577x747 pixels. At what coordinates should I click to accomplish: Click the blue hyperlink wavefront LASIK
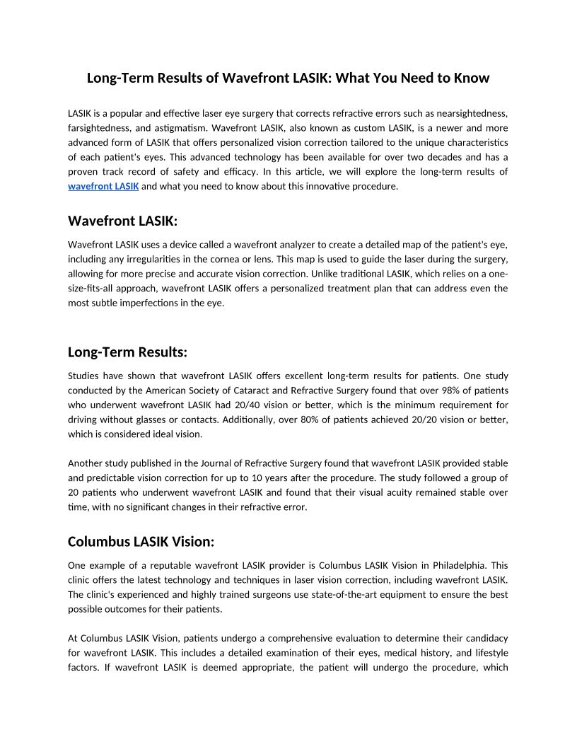pyautogui.click(x=103, y=186)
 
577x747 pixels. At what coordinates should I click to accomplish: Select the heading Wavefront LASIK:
pyautogui.click(x=122, y=221)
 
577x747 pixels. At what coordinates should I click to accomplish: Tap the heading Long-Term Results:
pyautogui.click(x=127, y=352)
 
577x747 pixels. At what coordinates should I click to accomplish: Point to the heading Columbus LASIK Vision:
pyautogui.click(x=141, y=541)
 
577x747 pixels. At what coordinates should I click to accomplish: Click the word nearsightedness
pyautogui.click(x=470, y=113)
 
